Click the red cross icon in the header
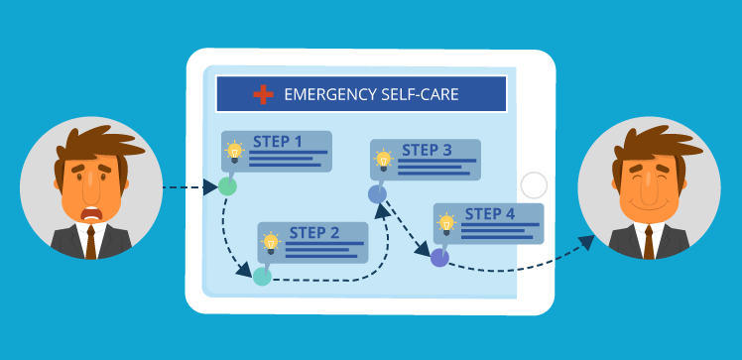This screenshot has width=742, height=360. coord(263,94)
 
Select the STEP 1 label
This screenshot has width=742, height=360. coord(278,141)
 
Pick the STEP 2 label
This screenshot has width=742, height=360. coord(314,233)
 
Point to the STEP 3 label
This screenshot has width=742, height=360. coord(427,151)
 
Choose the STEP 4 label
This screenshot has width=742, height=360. coord(490,213)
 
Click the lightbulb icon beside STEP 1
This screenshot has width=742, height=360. coord(235,152)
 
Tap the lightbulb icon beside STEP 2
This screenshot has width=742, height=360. coord(270,241)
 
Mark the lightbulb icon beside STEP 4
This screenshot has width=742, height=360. coord(447,222)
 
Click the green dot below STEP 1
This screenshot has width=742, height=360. coord(227,185)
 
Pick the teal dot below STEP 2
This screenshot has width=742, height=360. coord(262,276)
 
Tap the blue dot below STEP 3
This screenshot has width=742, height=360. coord(377,194)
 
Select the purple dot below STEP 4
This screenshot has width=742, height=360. coord(439,258)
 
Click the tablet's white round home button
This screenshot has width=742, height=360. coord(534,185)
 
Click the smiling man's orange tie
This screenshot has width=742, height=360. coord(651,241)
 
